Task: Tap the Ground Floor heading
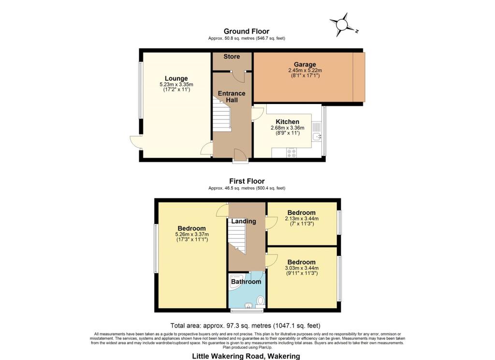pyautogui.click(x=247, y=31)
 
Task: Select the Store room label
pyautogui.click(x=232, y=57)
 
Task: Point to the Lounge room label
pyautogui.click(x=176, y=78)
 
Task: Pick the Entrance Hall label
pyautogui.click(x=232, y=96)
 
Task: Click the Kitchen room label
pyautogui.click(x=287, y=121)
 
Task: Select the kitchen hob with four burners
pyautogui.click(x=291, y=152)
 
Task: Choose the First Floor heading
pyautogui.click(x=247, y=181)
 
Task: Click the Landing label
pyautogui.click(x=243, y=221)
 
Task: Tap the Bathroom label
pyautogui.click(x=246, y=282)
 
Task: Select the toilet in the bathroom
pyautogui.click(x=260, y=300)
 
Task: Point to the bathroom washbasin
pyautogui.click(x=247, y=305)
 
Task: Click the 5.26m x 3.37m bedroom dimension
pyautogui.click(x=191, y=235)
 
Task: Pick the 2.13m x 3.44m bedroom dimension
pyautogui.click(x=301, y=219)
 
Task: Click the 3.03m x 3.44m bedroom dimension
pyautogui.click(x=301, y=269)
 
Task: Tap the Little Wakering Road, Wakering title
pyautogui.click(x=246, y=356)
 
